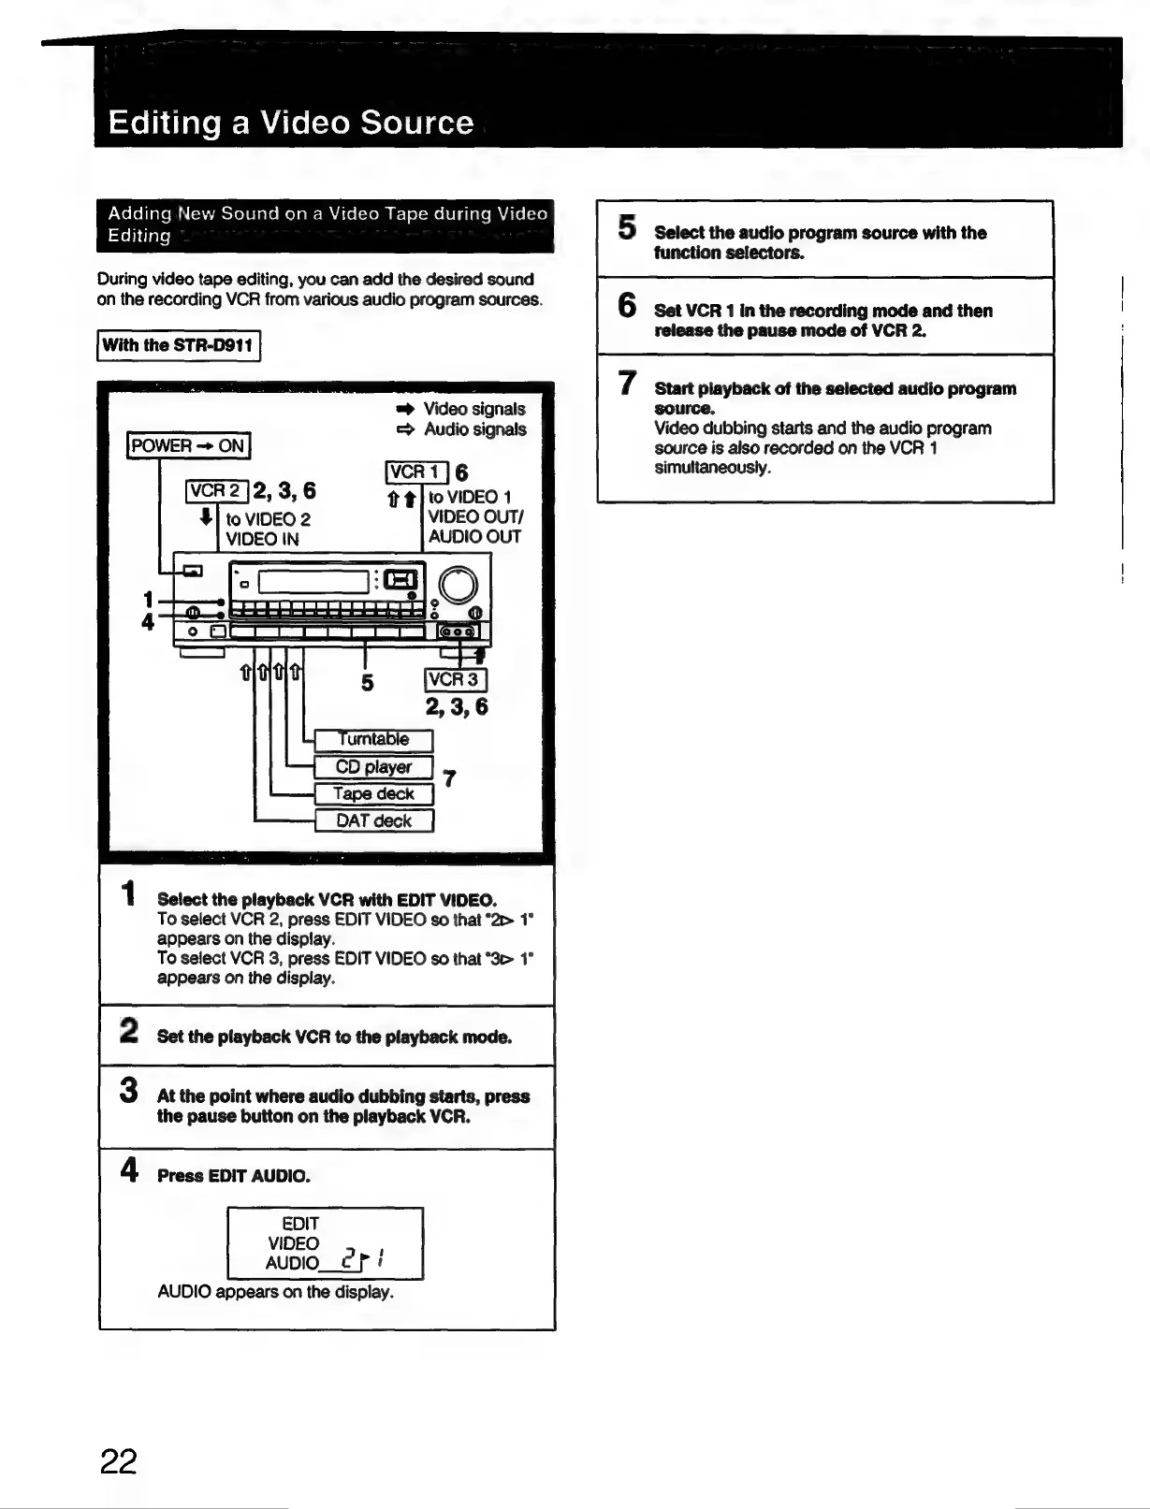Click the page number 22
[119, 1460]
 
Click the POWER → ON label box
[189, 445]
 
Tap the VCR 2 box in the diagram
[217, 491]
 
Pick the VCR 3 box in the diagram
[456, 680]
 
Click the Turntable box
[373, 740]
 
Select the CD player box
[373, 767]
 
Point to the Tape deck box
[373, 794]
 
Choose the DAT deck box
[373, 821]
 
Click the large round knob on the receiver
[459, 586]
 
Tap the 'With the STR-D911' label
[179, 345]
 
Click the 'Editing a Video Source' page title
[291, 123]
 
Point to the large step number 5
[627, 228]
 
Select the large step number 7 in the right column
[627, 384]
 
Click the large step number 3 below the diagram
[129, 1091]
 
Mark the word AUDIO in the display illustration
[292, 1263]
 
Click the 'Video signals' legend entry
[473, 409]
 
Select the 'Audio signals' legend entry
[474, 429]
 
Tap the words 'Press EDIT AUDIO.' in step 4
[234, 1176]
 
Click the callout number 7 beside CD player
[449, 778]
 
